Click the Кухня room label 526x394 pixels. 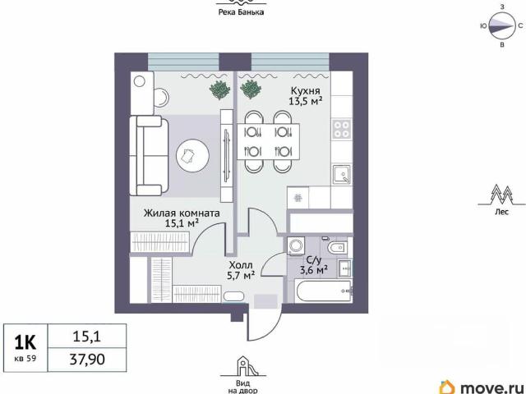click(x=305, y=91)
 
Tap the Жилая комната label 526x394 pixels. click(x=182, y=213)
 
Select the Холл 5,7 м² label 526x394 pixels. click(x=241, y=270)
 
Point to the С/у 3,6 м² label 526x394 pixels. click(x=314, y=265)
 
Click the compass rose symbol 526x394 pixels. click(x=501, y=25)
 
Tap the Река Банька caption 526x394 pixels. click(x=241, y=12)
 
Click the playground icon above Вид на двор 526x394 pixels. click(x=243, y=366)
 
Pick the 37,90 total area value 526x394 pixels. click(x=87, y=360)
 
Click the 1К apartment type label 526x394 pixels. click(x=25, y=342)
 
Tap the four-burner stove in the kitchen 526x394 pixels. click(x=342, y=129)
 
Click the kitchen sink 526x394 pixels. click(x=342, y=174)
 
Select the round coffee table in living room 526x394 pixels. click(x=193, y=155)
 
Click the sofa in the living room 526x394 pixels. click(x=149, y=155)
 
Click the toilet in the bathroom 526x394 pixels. click(x=336, y=248)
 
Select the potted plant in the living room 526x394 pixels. click(x=219, y=89)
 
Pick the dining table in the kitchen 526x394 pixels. click(x=269, y=141)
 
